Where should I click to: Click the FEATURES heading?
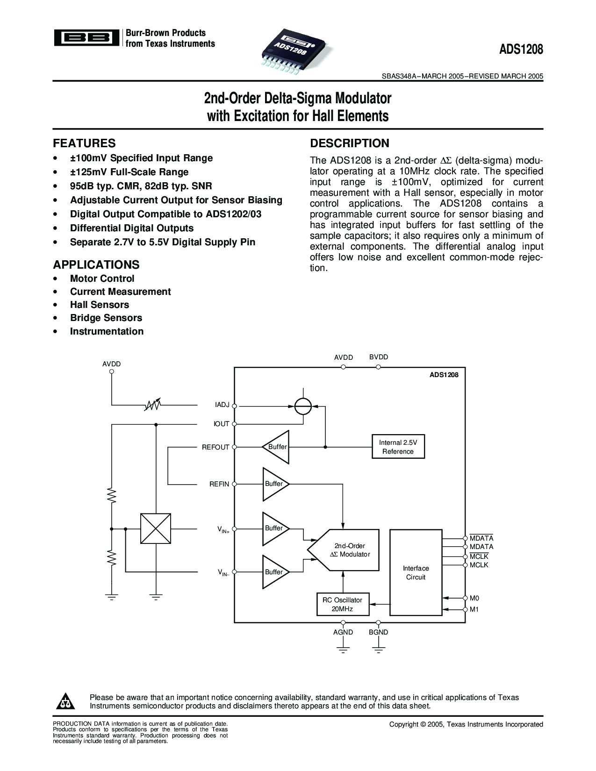click(x=84, y=143)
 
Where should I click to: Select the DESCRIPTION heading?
click(x=350, y=143)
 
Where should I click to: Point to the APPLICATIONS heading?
click(x=96, y=264)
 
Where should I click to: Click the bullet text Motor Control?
click(x=102, y=278)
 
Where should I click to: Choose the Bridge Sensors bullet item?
click(x=106, y=318)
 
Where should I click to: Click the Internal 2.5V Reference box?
click(x=398, y=447)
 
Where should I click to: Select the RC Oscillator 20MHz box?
click(x=342, y=604)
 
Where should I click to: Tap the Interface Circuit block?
click(x=416, y=572)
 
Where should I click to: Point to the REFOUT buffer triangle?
click(x=276, y=447)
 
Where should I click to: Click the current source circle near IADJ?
click(x=303, y=406)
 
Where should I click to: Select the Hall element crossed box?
click(x=155, y=528)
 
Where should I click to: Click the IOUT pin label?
click(x=222, y=424)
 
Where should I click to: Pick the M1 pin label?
click(x=474, y=609)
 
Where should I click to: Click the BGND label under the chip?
click(x=378, y=632)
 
